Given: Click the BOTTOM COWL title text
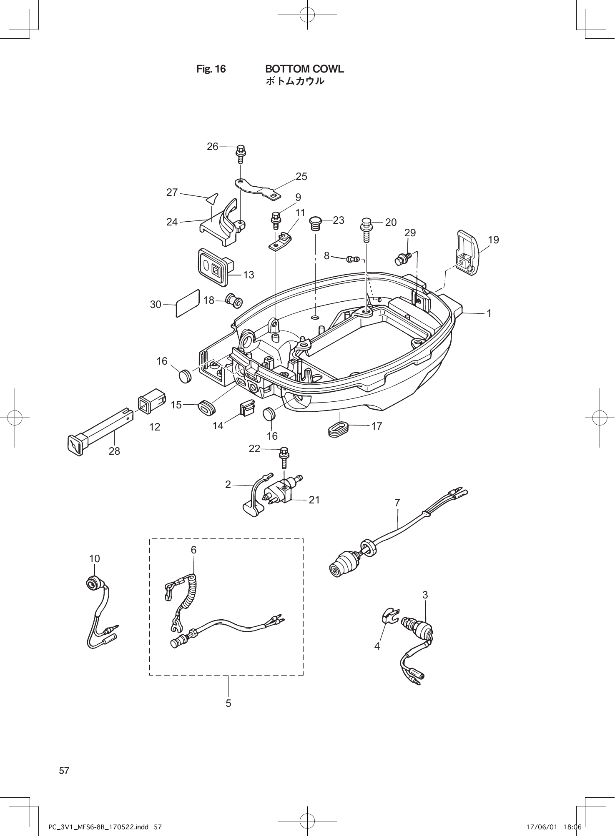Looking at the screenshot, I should (x=304, y=69).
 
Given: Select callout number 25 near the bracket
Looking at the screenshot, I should (x=301, y=177).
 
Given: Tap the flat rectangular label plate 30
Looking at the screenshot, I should (x=187, y=303).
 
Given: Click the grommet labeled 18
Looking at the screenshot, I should (x=234, y=300).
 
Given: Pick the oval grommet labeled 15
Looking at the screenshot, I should (x=206, y=407).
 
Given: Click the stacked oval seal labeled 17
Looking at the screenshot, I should (x=338, y=429).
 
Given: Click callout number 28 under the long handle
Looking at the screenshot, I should (x=114, y=451).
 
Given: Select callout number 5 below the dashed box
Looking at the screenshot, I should (x=228, y=703).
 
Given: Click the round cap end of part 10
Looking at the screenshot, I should (x=94, y=582).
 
